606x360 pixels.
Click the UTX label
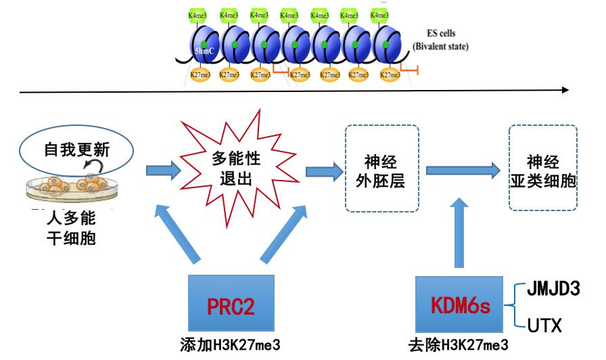point(545,326)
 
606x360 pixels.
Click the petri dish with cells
point(72,188)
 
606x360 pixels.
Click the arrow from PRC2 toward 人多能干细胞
point(177,233)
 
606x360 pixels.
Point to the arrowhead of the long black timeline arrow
point(565,89)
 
